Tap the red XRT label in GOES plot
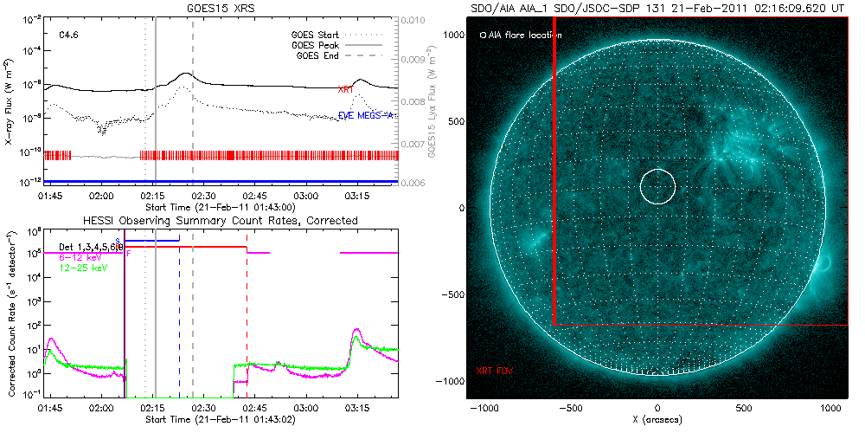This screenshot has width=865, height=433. [x=345, y=89]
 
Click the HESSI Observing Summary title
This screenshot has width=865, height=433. [x=220, y=221]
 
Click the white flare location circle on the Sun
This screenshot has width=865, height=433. [x=657, y=186]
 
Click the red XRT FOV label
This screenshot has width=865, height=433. [x=494, y=370]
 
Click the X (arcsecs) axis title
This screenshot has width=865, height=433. [x=659, y=419]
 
